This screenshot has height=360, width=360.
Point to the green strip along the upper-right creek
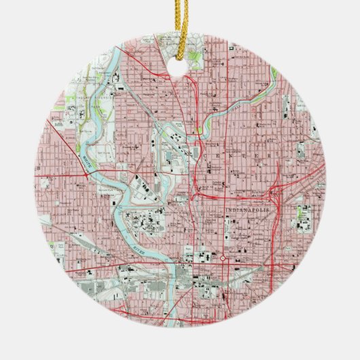pos(274,73)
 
